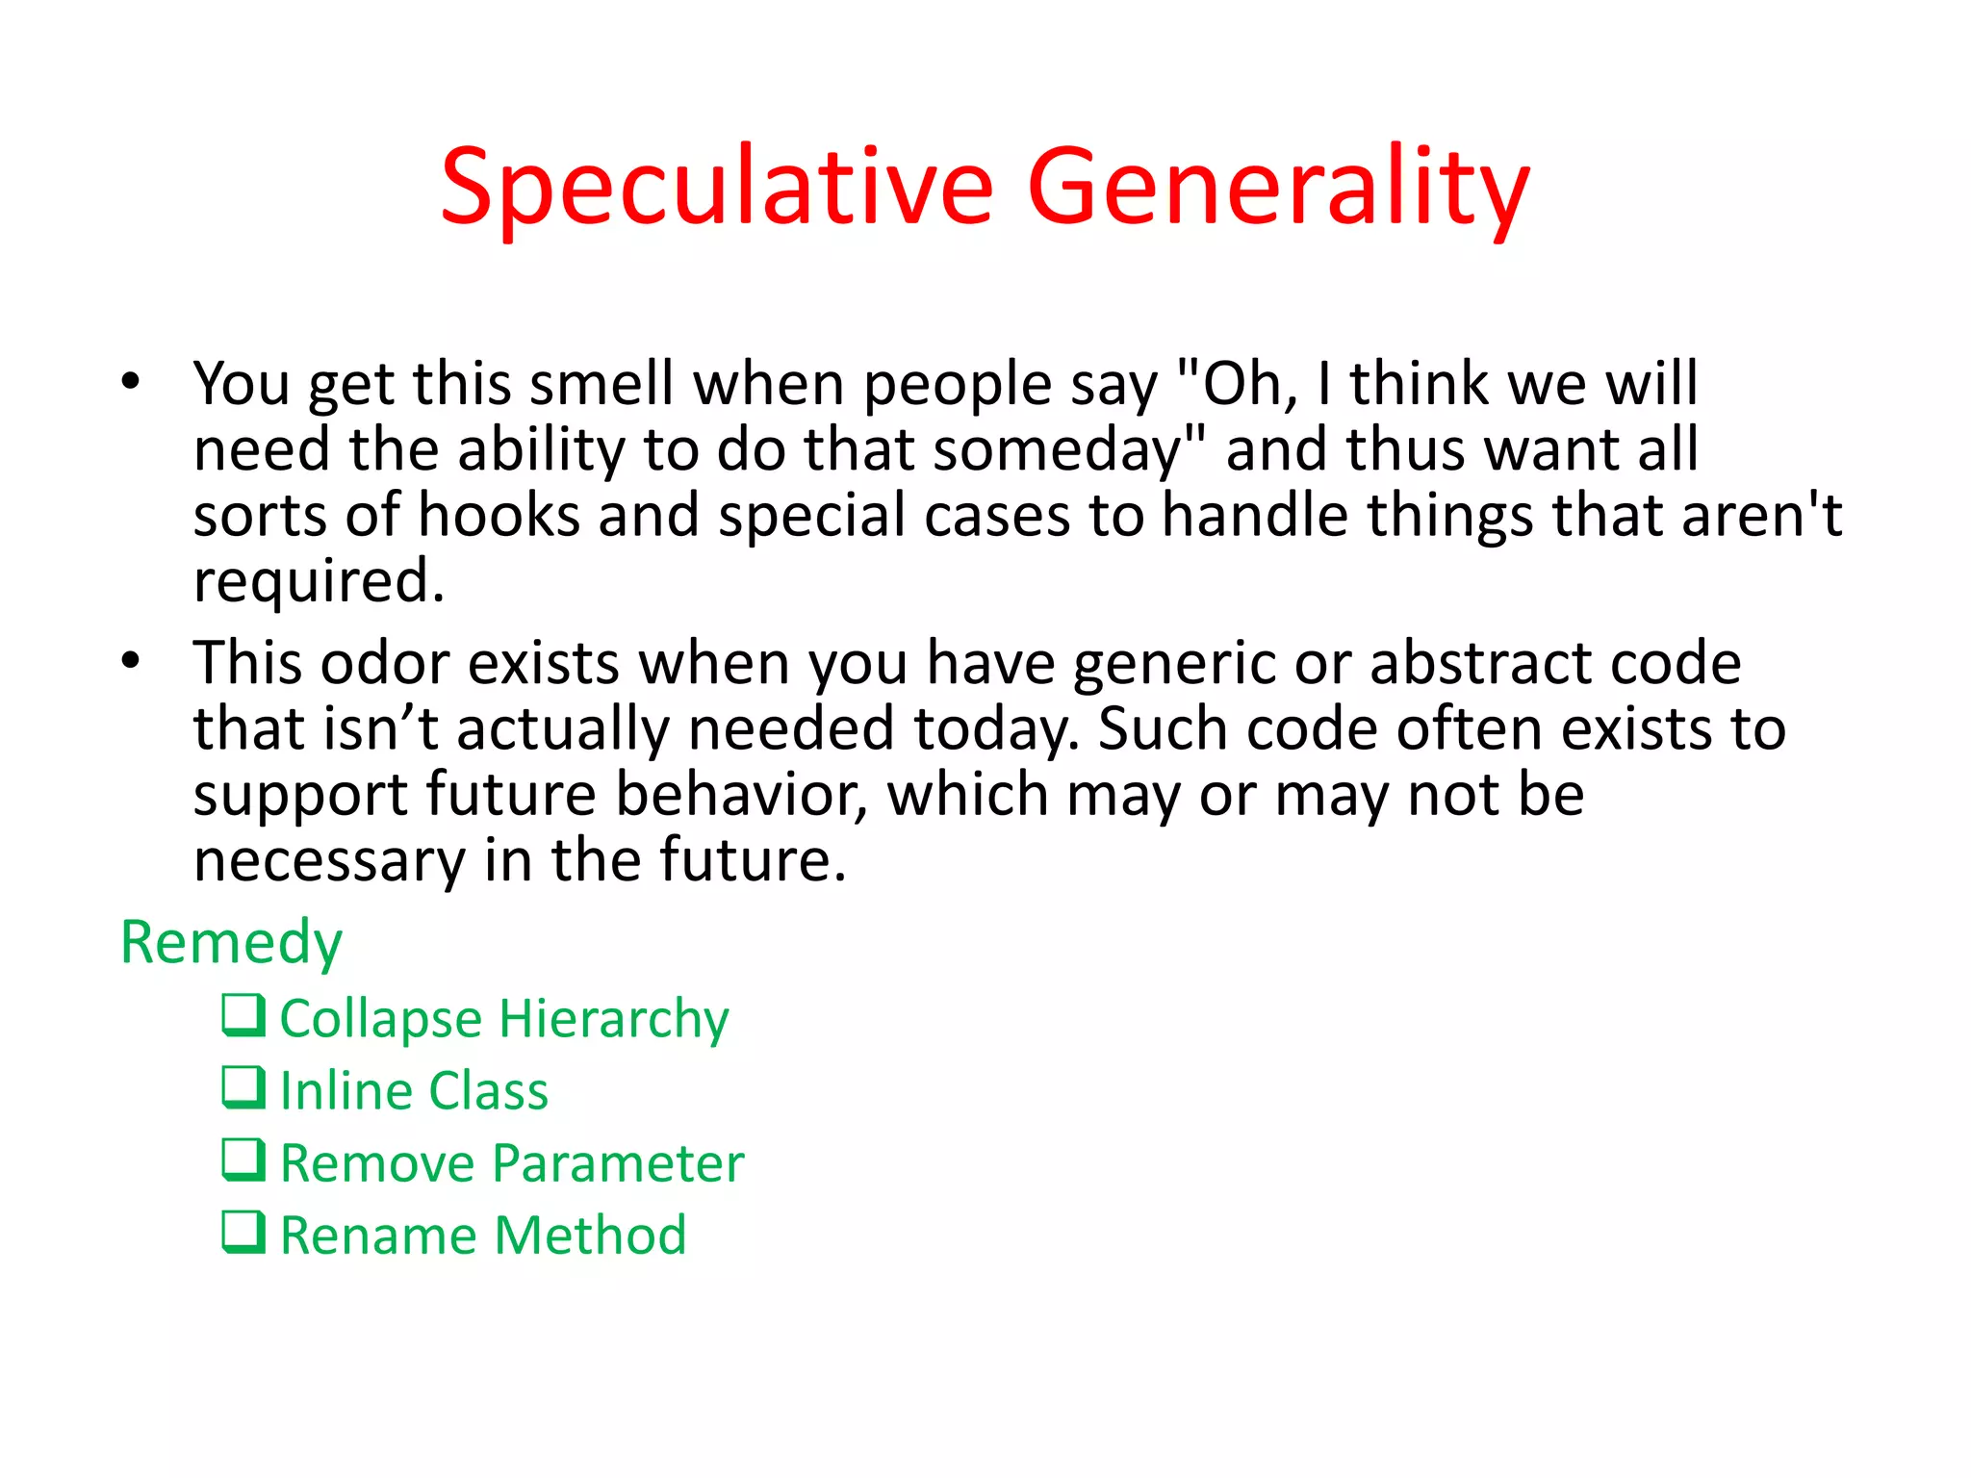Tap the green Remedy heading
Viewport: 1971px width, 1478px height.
(x=231, y=942)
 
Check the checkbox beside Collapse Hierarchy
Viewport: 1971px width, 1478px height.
(x=243, y=1015)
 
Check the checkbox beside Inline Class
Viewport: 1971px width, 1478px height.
(x=243, y=1087)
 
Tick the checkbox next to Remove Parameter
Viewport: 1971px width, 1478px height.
(x=243, y=1159)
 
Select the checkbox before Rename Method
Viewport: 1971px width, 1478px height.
(x=243, y=1232)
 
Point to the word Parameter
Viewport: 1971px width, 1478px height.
(x=618, y=1163)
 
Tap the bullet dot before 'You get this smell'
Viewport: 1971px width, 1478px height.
(x=131, y=381)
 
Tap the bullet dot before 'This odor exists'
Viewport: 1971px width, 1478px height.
(x=131, y=661)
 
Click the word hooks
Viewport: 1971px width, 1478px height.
(x=499, y=515)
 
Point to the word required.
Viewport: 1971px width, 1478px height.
(x=318, y=581)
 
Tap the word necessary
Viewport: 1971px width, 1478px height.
(x=329, y=860)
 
